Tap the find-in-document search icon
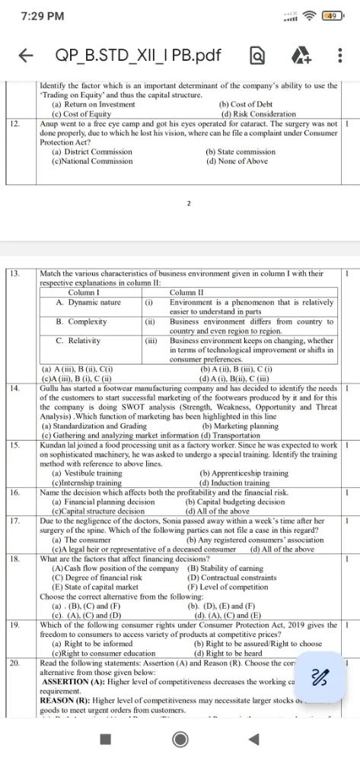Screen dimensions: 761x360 pyautogui.click(x=257, y=56)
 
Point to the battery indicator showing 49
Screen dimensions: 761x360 pyautogui.click(x=332, y=15)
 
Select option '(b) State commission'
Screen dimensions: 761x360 pyautogui.click(x=241, y=151)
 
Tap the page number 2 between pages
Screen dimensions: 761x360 pyautogui.click(x=188, y=203)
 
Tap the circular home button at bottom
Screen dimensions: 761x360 pyautogui.click(x=180, y=738)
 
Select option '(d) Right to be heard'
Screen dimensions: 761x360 pyautogui.click(x=233, y=652)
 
